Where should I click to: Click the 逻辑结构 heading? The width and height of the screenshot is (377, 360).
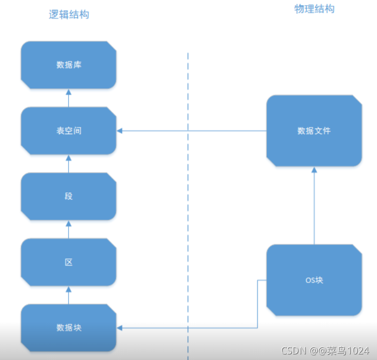pyautogui.click(x=68, y=14)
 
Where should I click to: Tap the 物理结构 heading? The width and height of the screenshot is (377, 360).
pyautogui.click(x=315, y=9)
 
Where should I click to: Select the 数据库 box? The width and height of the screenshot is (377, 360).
pyautogui.click(x=68, y=65)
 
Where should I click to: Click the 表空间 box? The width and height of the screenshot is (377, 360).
pyautogui.click(x=68, y=130)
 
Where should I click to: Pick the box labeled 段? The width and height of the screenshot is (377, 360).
pyautogui.click(x=68, y=196)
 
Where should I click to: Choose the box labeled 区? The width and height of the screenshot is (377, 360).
pyautogui.click(x=68, y=262)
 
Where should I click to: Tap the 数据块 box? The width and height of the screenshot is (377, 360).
pyautogui.click(x=68, y=328)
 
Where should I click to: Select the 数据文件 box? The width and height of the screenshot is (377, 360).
pyautogui.click(x=314, y=130)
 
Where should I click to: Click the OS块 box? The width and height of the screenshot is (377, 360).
pyautogui.click(x=314, y=280)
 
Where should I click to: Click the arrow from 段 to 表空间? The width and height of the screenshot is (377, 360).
pyautogui.click(x=68, y=163)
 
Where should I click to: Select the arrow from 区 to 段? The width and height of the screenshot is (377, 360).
pyautogui.click(x=68, y=229)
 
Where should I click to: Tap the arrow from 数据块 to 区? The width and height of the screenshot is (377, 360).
pyautogui.click(x=68, y=295)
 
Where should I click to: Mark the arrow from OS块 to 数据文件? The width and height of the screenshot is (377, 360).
pyautogui.click(x=314, y=206)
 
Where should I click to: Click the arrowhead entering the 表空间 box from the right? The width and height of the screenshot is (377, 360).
pyautogui.click(x=120, y=131)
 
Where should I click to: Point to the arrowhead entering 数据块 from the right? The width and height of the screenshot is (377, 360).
pyautogui.click(x=120, y=328)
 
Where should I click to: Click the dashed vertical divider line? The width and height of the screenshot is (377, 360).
pyautogui.click(x=188, y=203)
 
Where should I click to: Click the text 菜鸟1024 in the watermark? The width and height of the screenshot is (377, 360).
pyautogui.click(x=350, y=350)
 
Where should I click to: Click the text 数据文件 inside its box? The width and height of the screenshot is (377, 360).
pyautogui.click(x=314, y=130)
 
